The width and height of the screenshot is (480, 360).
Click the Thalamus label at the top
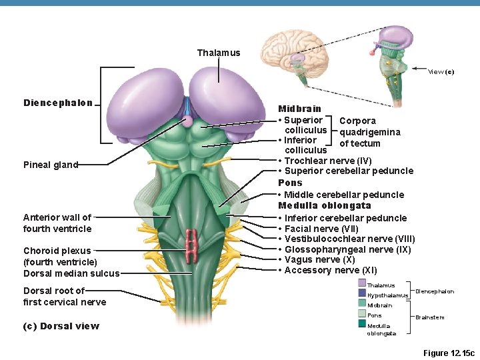(218, 53)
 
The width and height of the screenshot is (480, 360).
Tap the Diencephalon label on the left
(58, 103)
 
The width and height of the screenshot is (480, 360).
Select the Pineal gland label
(51, 165)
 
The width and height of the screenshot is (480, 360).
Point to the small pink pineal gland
(187, 121)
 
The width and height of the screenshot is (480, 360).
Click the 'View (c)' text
(441, 72)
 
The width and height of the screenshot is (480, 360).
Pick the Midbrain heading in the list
(299, 109)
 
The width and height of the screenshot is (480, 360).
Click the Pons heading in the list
(290, 183)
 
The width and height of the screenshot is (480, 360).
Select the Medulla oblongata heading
(325, 206)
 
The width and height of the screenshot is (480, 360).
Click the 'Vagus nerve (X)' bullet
(319, 259)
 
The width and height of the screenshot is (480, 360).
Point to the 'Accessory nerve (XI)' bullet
(327, 270)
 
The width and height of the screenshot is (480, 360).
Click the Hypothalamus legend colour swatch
(362, 293)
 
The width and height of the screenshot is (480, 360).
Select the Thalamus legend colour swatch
(362, 283)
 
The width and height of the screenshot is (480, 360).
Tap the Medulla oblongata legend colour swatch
(362, 324)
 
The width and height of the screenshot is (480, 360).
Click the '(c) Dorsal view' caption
(61, 326)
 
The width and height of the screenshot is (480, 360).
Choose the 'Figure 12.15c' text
(449, 352)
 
